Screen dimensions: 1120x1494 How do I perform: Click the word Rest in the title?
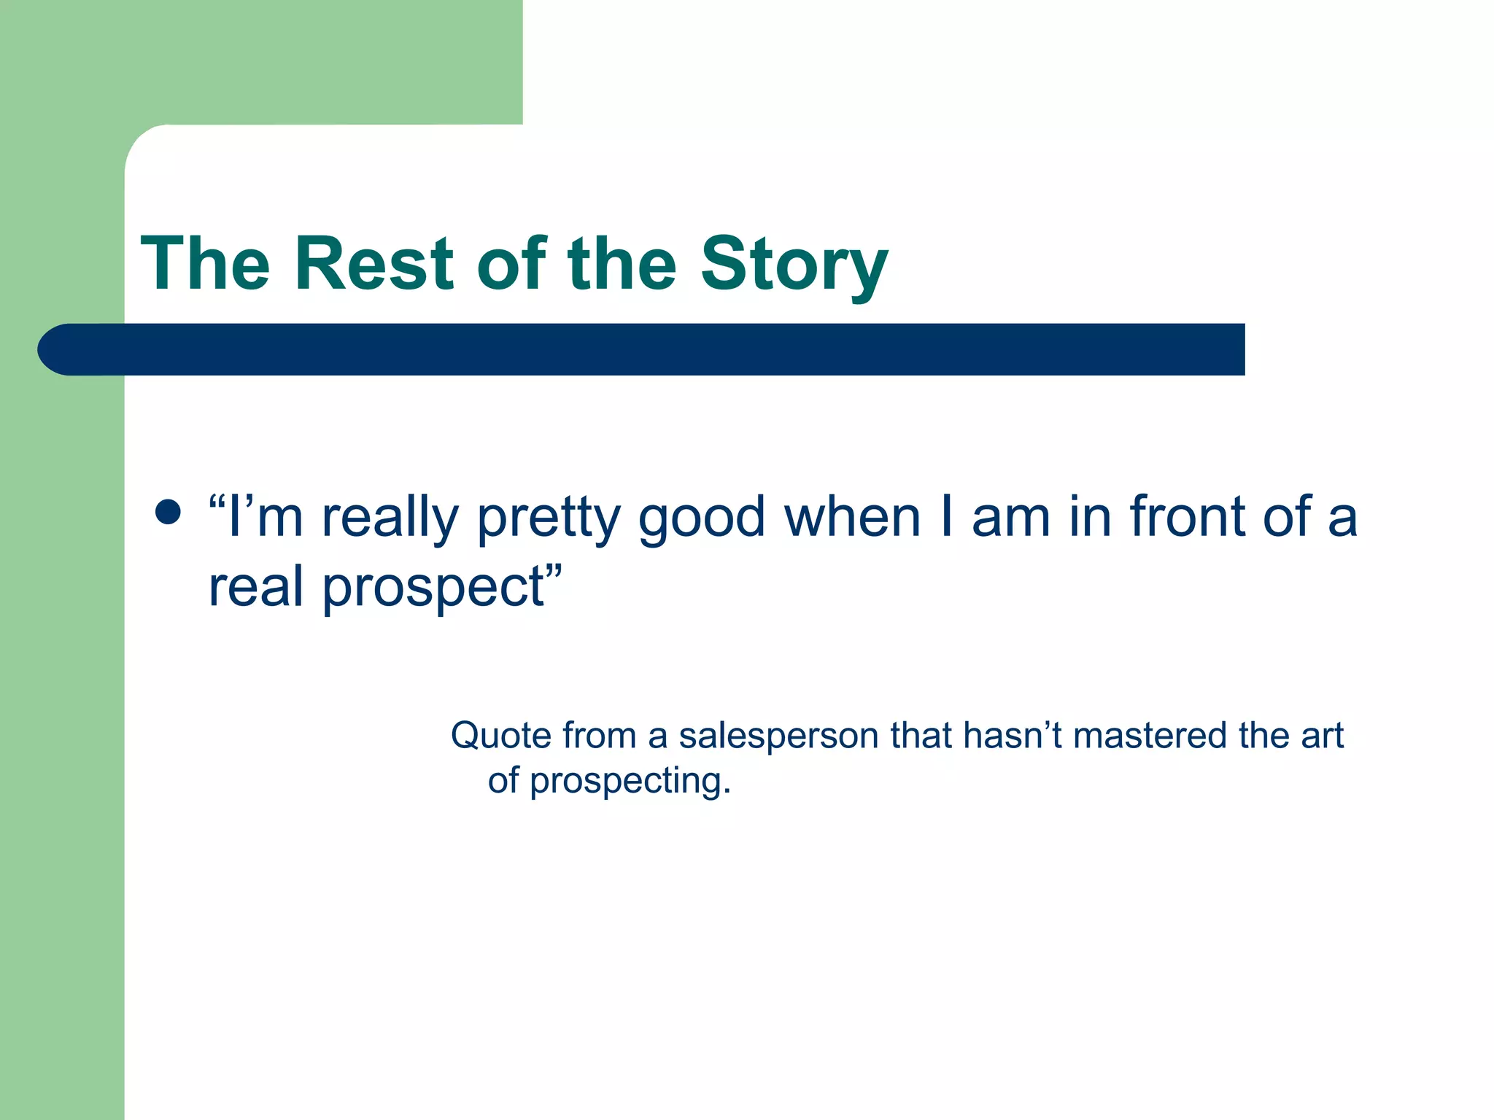point(374,264)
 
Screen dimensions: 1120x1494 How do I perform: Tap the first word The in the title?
point(205,264)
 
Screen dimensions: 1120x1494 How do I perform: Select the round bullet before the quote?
point(169,512)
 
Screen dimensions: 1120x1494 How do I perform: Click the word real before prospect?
point(255,586)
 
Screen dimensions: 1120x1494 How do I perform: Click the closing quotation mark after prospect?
point(554,569)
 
